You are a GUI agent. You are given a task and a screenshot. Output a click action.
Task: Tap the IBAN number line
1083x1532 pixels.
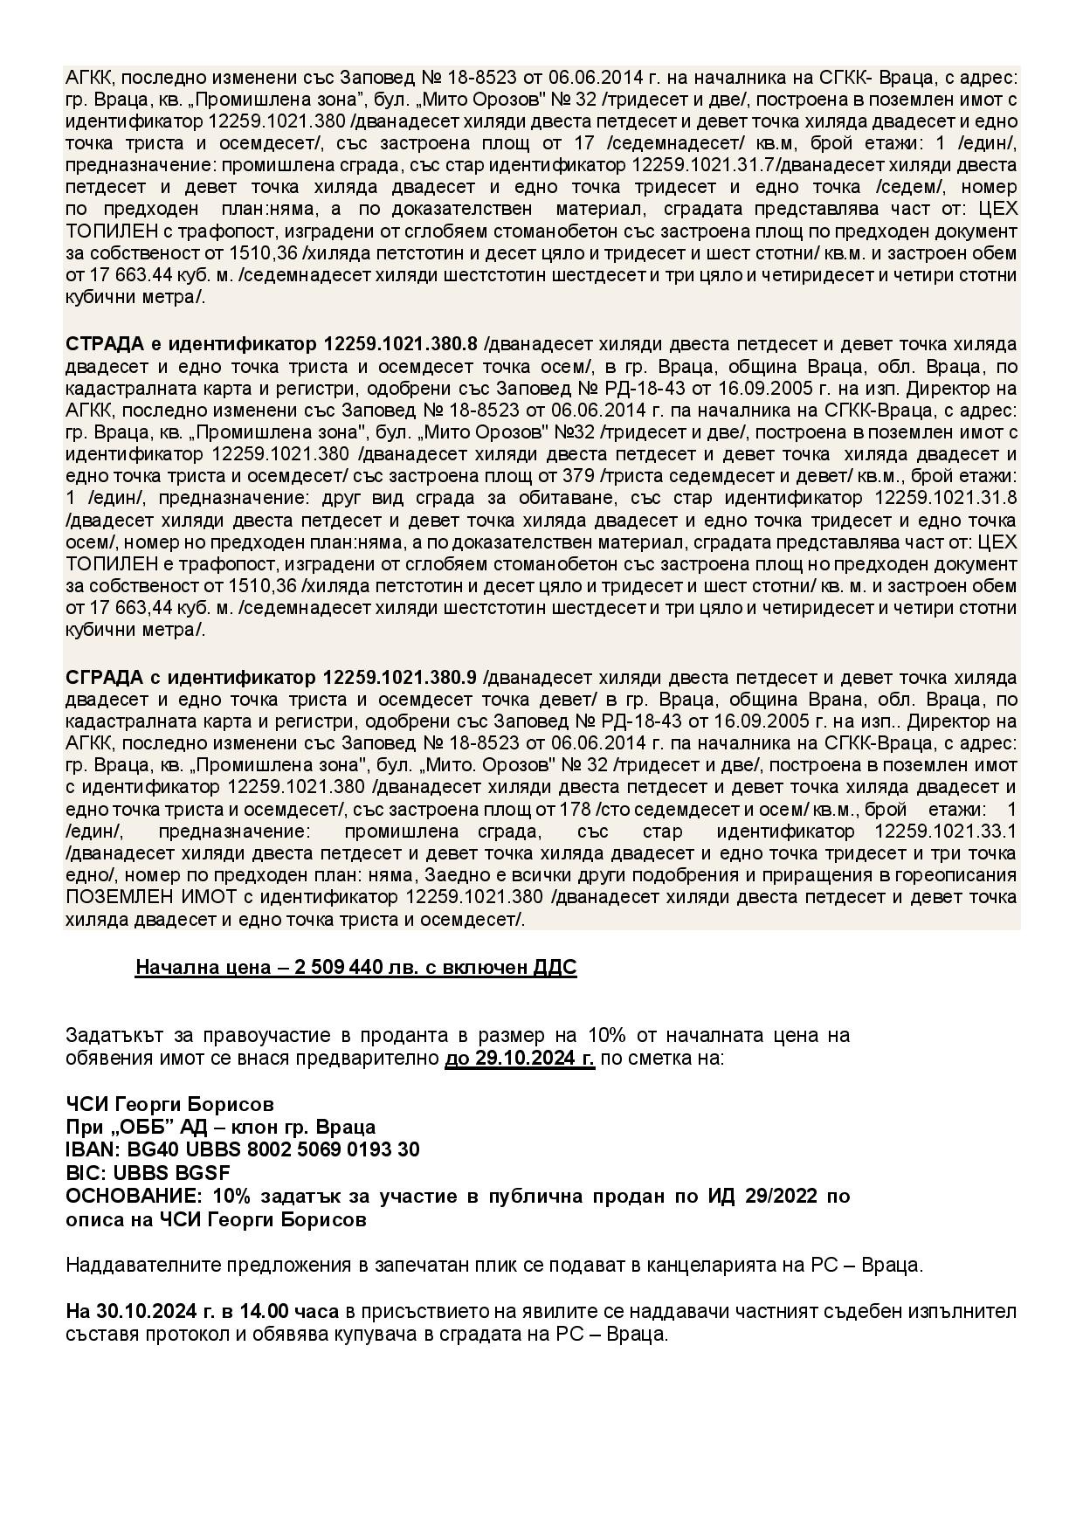[x=243, y=1149]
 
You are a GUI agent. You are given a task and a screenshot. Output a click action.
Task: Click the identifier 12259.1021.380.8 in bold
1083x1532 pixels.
[x=401, y=344]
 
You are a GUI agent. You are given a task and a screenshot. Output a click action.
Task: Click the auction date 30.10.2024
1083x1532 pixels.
[x=135, y=1312]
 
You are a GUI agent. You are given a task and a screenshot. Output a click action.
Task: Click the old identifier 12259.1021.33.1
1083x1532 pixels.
[x=945, y=831]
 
